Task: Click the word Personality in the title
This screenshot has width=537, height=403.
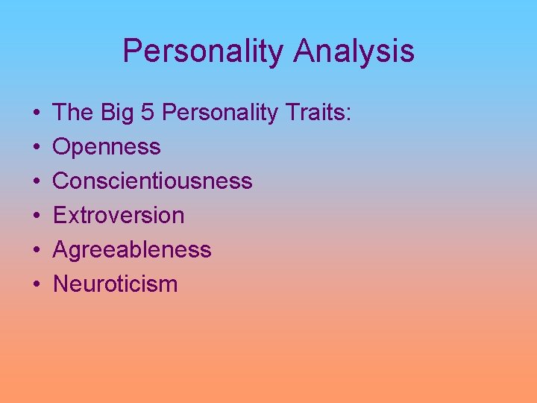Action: pyautogui.click(x=203, y=51)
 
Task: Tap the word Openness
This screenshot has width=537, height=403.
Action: pyautogui.click(x=107, y=147)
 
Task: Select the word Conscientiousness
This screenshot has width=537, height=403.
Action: pyautogui.click(x=153, y=181)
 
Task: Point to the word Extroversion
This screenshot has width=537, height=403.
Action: pyautogui.click(x=119, y=216)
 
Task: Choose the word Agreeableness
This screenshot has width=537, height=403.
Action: pyautogui.click(x=132, y=250)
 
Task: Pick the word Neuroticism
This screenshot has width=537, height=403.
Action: pyautogui.click(x=116, y=284)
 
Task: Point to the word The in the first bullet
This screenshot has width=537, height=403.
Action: pyautogui.click(x=72, y=113)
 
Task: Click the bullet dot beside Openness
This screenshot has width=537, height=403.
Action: pyautogui.click(x=37, y=148)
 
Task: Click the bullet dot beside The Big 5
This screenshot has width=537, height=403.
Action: pyautogui.click(x=37, y=113)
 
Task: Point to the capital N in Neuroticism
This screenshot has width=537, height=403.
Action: pyautogui.click(x=61, y=284)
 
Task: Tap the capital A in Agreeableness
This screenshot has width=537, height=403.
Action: pyautogui.click(x=61, y=250)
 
